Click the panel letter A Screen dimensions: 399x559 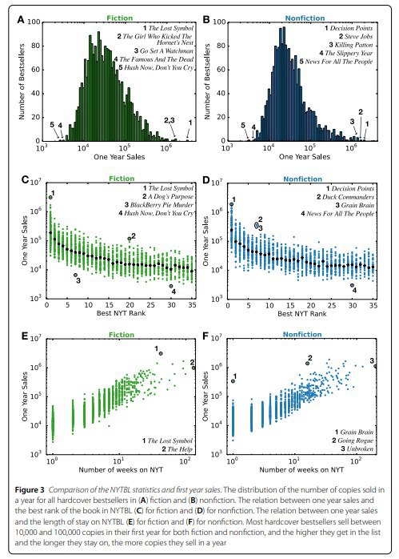click(x=21, y=19)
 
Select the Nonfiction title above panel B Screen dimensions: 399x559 click(x=305, y=18)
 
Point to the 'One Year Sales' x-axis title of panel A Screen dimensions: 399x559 click(x=119, y=157)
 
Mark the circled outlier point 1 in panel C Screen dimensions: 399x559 click(x=50, y=197)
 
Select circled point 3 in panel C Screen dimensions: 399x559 click(x=75, y=275)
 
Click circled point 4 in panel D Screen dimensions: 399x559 click(x=352, y=285)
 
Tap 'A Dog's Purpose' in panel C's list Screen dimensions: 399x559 click(x=168, y=196)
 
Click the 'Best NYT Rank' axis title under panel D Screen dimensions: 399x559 click(x=301, y=314)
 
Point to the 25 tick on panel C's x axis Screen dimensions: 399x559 click(x=151, y=305)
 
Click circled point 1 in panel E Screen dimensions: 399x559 click(x=161, y=353)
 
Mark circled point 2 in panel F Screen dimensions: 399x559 click(x=307, y=364)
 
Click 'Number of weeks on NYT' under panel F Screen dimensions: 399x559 click(x=301, y=470)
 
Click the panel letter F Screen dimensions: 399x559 click(x=205, y=336)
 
